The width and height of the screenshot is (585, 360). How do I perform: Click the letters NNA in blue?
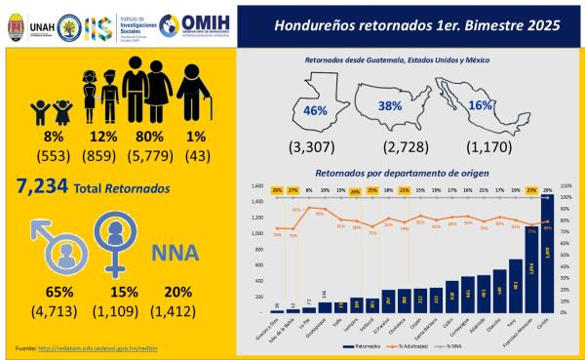[175, 254]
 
